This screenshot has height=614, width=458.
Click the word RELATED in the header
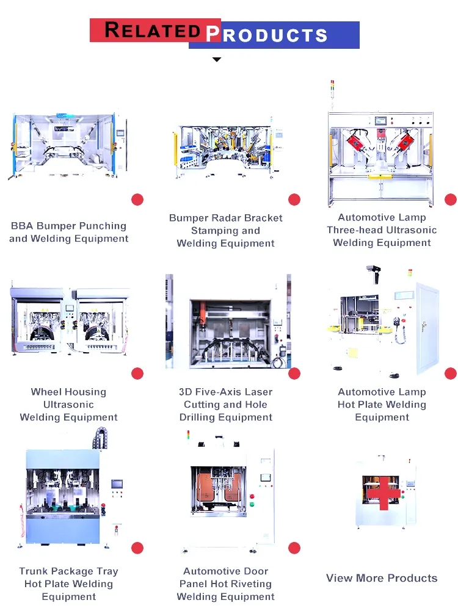(x=153, y=30)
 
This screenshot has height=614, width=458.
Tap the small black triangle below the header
(x=216, y=59)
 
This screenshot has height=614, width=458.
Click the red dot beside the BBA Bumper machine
(x=137, y=200)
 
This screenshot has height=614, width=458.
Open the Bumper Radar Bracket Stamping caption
(x=225, y=231)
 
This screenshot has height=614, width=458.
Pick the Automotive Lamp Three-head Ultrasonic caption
(x=382, y=230)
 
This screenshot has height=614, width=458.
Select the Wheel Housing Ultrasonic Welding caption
(x=68, y=405)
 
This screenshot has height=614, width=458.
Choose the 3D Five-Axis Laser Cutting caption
(x=225, y=405)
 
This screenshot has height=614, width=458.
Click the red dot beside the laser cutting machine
(x=294, y=374)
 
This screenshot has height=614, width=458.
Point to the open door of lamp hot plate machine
(x=427, y=330)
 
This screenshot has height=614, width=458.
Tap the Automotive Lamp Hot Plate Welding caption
(x=382, y=405)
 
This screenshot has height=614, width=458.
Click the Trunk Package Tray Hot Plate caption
(x=68, y=584)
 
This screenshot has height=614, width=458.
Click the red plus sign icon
(x=382, y=493)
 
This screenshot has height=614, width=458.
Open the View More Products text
(x=382, y=578)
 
